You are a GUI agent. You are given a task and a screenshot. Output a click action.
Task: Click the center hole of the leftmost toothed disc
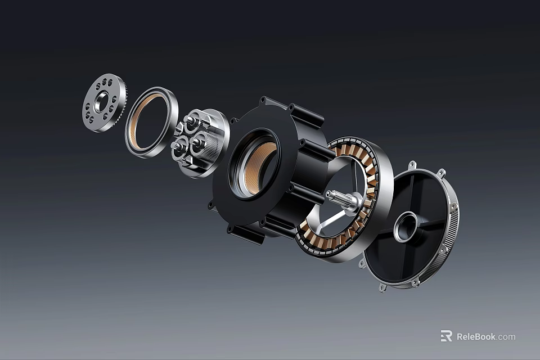pos(102,102)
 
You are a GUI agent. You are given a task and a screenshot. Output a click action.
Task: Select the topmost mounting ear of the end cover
pos(412,165)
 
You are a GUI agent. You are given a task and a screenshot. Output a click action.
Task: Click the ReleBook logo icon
pos(446,336)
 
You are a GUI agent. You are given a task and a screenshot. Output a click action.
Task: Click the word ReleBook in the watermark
pos(476,336)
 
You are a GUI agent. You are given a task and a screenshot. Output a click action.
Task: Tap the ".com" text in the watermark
pos(506,336)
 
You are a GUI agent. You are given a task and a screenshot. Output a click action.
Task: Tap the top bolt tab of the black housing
pos(262,101)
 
